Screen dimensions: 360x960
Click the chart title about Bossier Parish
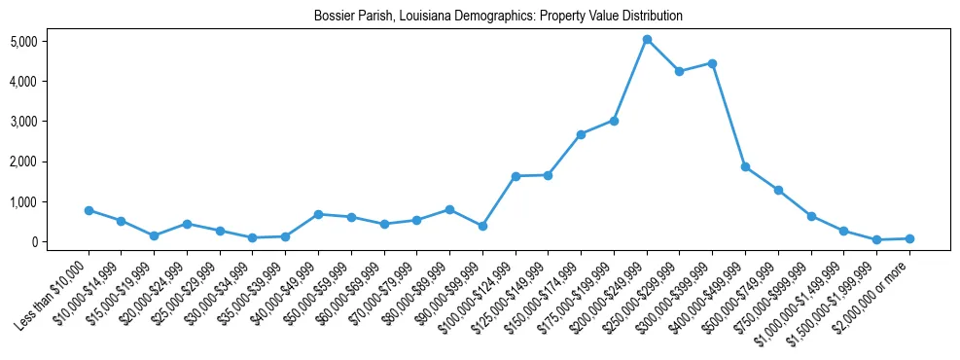(498, 17)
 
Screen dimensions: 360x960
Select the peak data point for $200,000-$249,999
(647, 39)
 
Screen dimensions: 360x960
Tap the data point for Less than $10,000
(89, 210)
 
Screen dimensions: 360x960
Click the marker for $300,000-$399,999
(712, 63)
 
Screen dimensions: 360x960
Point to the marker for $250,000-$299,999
(679, 71)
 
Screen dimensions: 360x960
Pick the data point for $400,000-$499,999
(745, 166)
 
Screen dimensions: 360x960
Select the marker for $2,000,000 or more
(909, 238)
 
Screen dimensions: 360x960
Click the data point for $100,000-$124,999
(516, 176)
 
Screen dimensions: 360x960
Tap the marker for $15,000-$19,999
(154, 235)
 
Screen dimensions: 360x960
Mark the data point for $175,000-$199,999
(614, 121)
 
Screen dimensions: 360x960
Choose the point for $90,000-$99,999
(482, 226)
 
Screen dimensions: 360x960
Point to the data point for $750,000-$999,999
(811, 216)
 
